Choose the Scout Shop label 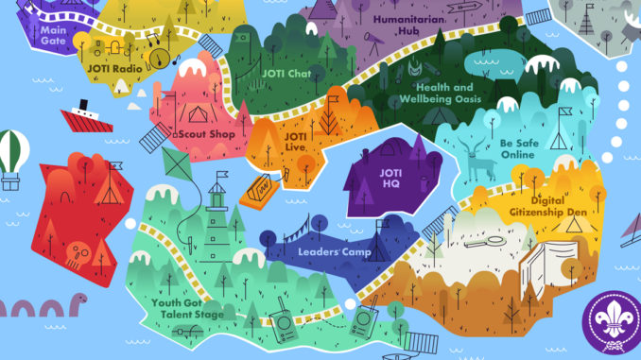[x=200, y=134]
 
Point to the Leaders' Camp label [x=333, y=252]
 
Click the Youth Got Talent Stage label [x=188, y=308]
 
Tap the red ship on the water [x=86, y=119]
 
